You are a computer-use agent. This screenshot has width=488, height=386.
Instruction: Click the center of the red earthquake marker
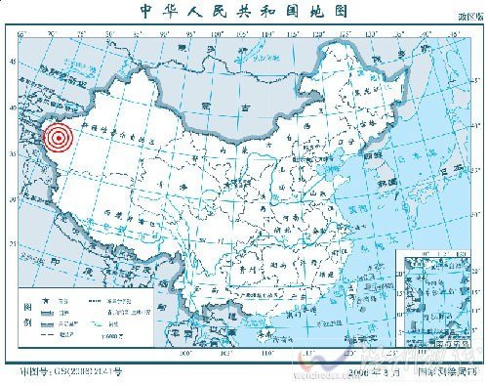point(58,140)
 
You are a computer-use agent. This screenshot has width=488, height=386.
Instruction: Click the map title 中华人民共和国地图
point(244,12)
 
